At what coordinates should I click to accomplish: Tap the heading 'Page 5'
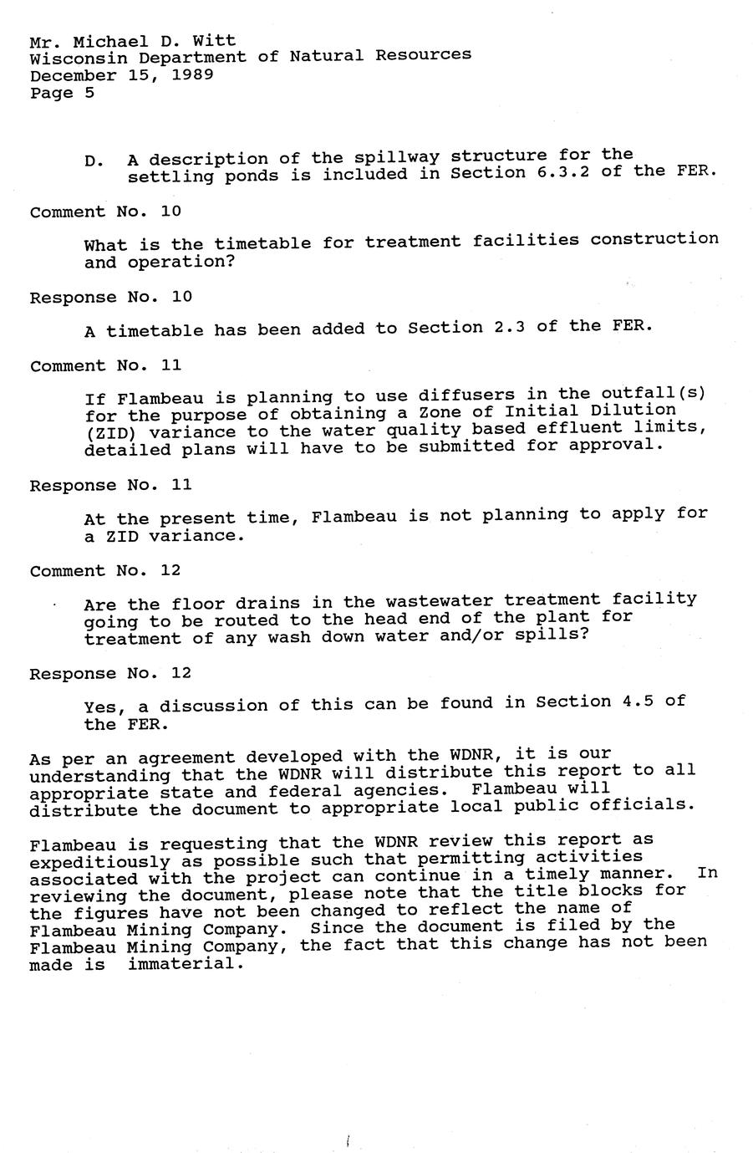pos(62,93)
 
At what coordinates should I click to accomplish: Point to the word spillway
pos(396,157)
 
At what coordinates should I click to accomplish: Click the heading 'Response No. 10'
pos(111,298)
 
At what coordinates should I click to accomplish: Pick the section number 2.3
pos(510,327)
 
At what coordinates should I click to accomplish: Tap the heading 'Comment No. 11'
pos(105,365)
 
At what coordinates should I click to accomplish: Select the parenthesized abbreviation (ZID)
pos(110,433)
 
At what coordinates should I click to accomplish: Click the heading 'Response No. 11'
pos(111,485)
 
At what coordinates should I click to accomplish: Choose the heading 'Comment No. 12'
pos(105,571)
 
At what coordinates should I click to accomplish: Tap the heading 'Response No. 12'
pos(111,673)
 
